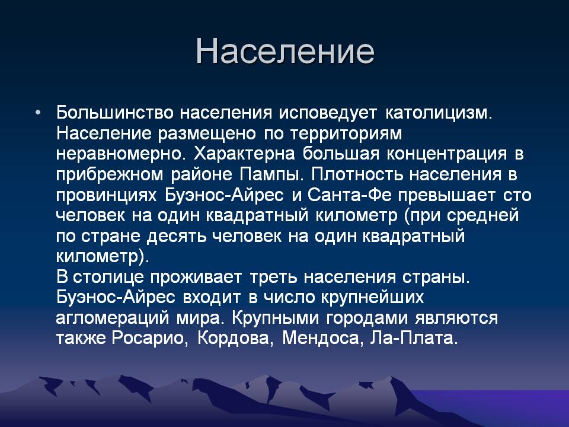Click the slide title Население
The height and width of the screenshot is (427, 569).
(285, 51)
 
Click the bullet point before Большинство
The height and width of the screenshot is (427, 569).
(38, 113)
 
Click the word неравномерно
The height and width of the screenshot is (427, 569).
(118, 155)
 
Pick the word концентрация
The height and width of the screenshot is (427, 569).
(446, 155)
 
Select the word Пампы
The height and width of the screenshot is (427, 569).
(268, 174)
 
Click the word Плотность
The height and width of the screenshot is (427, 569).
(357, 174)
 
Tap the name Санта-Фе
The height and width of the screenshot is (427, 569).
(350, 195)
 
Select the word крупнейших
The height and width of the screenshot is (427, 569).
(372, 298)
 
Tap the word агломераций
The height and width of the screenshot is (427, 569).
(113, 318)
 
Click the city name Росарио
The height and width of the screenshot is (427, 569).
(148, 339)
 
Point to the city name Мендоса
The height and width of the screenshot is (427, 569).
(321, 339)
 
